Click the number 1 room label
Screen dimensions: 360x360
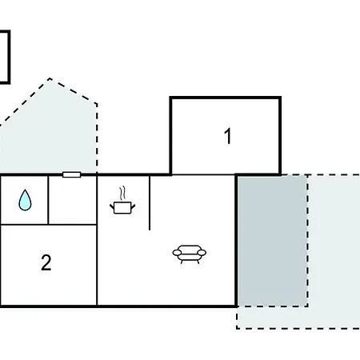[x=228, y=136]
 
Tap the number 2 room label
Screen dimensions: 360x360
[x=46, y=262]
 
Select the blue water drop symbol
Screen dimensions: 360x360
[x=25, y=200]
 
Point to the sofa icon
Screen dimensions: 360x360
[x=190, y=254]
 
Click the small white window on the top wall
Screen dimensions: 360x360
[x=71, y=174]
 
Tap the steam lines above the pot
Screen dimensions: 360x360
[x=122, y=194]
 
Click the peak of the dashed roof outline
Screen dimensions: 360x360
[x=50, y=78]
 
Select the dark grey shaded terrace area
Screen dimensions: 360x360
[x=272, y=241]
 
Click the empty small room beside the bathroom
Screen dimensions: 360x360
[x=73, y=201]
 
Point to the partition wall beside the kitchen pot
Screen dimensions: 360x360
[x=150, y=202]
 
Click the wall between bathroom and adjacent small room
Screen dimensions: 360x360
[x=48, y=200]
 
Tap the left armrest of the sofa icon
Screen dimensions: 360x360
[x=178, y=252]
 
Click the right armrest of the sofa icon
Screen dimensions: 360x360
[x=202, y=252]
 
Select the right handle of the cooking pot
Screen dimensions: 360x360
[x=133, y=206]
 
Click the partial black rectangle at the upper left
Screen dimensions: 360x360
[x=10, y=57]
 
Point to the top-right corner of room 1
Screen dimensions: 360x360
[x=280, y=98]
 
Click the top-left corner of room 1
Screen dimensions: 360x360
[x=171, y=98]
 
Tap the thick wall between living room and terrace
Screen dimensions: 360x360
[x=236, y=241]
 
